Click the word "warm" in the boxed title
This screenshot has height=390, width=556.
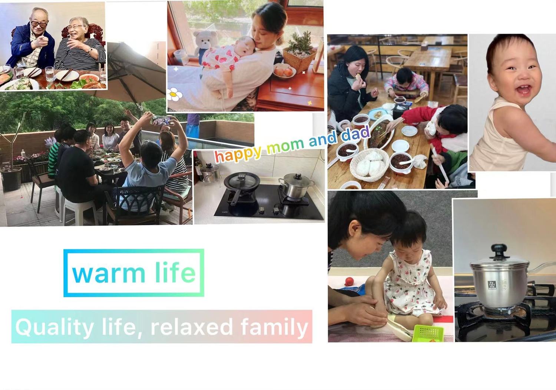tap(109, 274)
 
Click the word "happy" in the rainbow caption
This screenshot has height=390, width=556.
tap(238, 154)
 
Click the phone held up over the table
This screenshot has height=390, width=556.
tap(161, 120)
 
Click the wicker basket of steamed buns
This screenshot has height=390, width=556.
tap(370, 165)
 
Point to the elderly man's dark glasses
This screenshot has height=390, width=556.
tap(39, 24)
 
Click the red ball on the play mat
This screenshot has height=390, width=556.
tap(349, 281)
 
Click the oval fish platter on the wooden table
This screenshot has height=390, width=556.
tap(379, 135)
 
